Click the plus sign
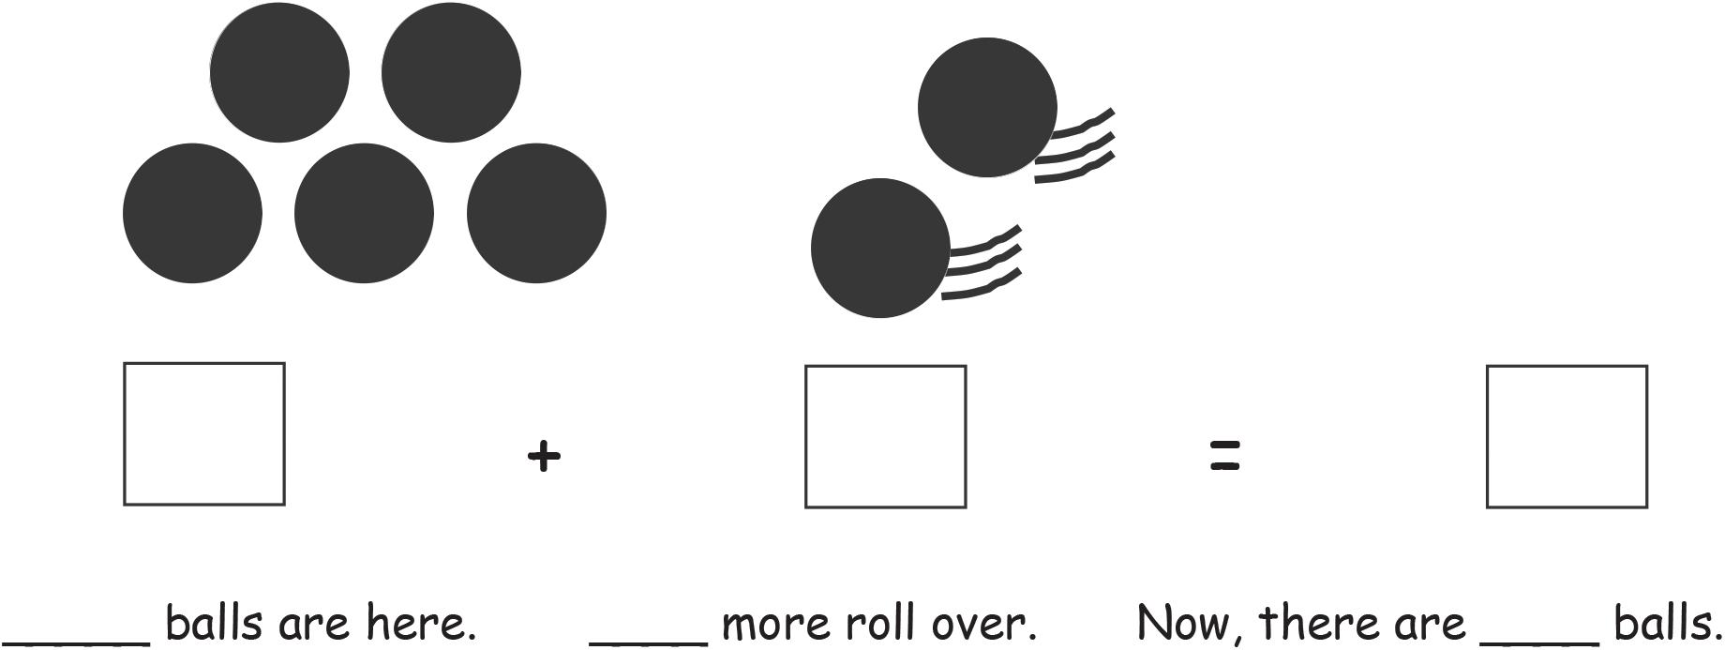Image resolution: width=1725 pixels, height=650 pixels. tap(544, 457)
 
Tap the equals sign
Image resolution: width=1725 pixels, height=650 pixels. tap(1225, 456)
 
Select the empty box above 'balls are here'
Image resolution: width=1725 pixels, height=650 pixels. tap(204, 434)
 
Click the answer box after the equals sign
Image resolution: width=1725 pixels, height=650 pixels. tap(1567, 437)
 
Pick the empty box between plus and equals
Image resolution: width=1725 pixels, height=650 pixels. tap(885, 437)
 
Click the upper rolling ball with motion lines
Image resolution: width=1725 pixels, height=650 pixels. tap(986, 108)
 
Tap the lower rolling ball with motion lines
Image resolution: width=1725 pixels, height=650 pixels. tap(879, 249)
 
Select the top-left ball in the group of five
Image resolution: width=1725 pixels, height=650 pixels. tap(279, 73)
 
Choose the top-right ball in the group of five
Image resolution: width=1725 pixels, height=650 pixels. tap(451, 73)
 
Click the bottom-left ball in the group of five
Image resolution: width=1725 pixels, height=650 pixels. tap(192, 213)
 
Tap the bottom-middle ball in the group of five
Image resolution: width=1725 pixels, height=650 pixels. tap(364, 213)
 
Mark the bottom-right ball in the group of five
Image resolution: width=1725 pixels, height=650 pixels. tap(536, 213)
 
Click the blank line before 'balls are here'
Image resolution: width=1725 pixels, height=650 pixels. tap(75, 642)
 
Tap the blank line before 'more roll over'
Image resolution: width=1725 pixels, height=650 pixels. tap(648, 642)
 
